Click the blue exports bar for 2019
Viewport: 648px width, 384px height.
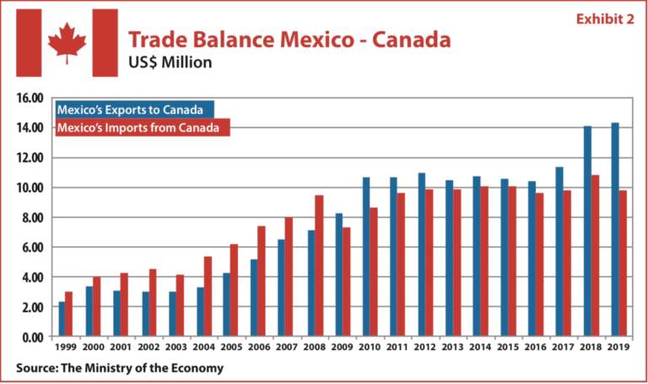click(614, 230)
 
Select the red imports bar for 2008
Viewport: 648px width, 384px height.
click(318, 266)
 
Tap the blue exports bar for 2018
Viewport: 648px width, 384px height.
click(587, 231)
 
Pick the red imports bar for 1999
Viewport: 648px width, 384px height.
click(69, 314)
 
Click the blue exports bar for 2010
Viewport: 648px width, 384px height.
click(366, 257)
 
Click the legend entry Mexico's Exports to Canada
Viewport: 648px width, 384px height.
click(135, 110)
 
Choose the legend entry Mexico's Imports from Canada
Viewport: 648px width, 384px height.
click(142, 128)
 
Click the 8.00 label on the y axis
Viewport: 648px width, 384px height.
click(31, 218)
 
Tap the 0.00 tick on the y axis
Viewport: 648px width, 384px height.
click(31, 338)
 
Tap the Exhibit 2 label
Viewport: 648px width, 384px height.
click(604, 19)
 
